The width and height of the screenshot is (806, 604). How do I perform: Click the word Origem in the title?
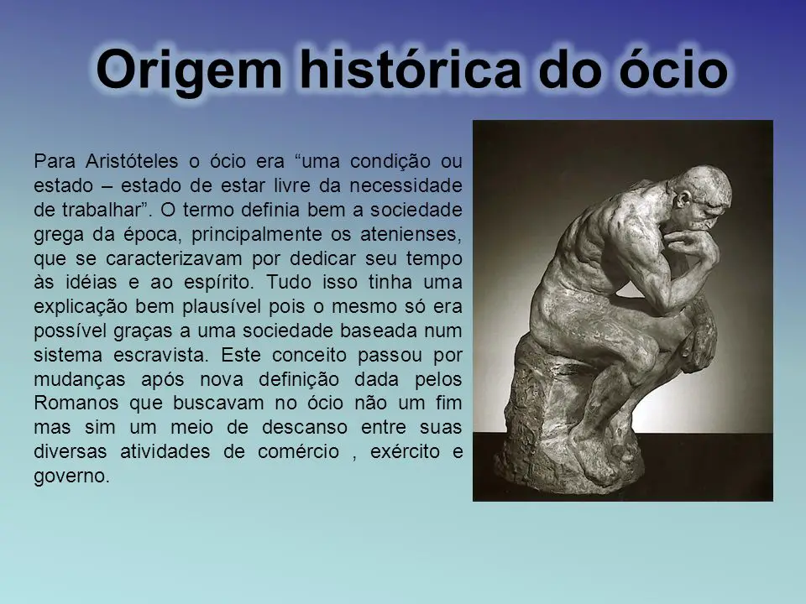tap(189, 70)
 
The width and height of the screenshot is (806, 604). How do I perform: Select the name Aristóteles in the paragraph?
tap(132, 161)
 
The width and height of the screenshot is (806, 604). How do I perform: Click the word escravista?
tap(160, 355)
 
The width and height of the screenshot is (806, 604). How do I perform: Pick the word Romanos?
tap(76, 403)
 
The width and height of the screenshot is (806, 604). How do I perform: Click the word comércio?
tap(298, 451)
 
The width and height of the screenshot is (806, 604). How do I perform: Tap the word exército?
tap(405, 451)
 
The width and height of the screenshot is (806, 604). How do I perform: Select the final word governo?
tap(71, 476)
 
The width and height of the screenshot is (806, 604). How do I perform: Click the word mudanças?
tap(80, 379)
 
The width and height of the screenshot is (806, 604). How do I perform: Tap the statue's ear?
tap(683, 199)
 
